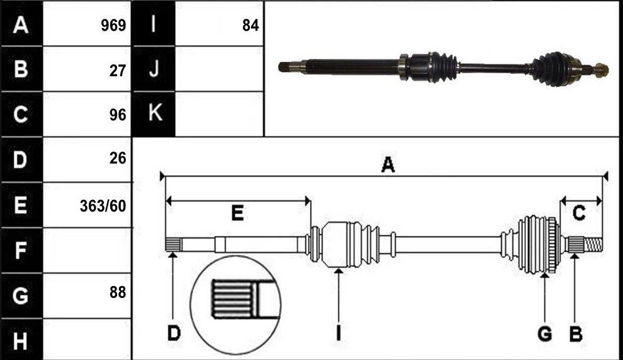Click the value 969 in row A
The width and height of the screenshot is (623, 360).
tap(113, 26)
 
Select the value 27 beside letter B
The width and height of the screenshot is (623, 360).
tap(118, 71)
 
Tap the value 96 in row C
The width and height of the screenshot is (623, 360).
tap(118, 115)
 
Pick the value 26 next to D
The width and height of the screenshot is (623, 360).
tap(118, 158)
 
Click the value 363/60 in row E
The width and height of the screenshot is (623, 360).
tap(103, 206)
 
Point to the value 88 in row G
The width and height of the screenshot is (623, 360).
tap(118, 292)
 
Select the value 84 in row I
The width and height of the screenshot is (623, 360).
tap(250, 26)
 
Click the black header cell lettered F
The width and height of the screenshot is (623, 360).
tap(22, 250)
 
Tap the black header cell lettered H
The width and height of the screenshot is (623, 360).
tap(22, 340)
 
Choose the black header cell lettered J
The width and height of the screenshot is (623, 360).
tap(154, 69)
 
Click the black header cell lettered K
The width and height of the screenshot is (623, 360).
tap(154, 114)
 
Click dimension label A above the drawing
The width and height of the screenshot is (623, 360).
tap(388, 165)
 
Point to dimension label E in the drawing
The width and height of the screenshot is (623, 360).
tap(237, 213)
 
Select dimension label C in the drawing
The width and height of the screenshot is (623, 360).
tap(579, 213)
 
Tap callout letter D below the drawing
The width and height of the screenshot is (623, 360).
tap(173, 333)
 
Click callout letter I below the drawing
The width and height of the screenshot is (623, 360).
tap(339, 333)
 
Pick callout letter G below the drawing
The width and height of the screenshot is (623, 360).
tap(545, 334)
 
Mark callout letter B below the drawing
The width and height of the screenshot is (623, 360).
tap(575, 334)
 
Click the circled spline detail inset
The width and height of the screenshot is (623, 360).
tap(235, 304)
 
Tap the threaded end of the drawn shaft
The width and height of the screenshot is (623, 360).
tap(593, 244)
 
